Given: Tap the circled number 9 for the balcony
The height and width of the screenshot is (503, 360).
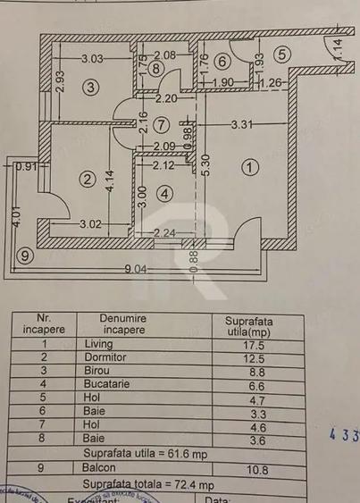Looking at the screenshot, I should pyautogui.click(x=25, y=256).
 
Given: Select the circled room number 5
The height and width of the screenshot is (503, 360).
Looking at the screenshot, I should pyautogui.click(x=281, y=53).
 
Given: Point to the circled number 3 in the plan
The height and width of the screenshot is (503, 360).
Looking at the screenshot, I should pyautogui.click(x=89, y=87).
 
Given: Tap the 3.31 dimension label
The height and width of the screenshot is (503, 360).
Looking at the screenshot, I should pyautogui.click(x=243, y=126).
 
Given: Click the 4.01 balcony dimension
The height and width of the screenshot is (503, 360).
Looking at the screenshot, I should pyautogui.click(x=15, y=220).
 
